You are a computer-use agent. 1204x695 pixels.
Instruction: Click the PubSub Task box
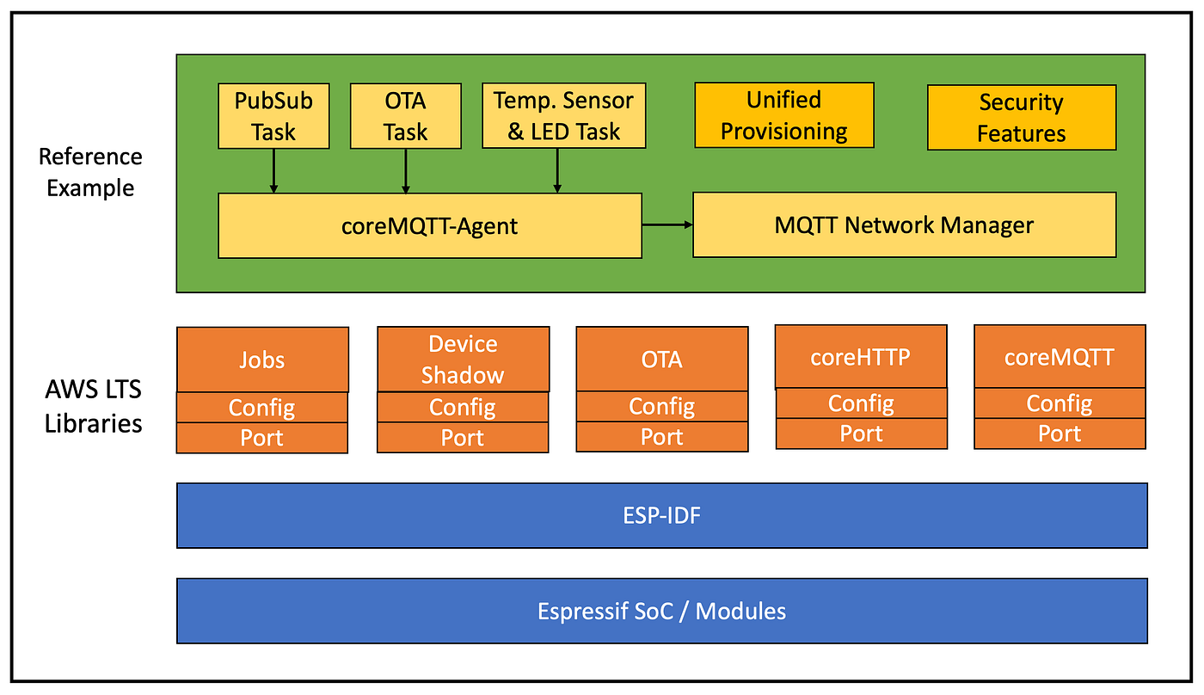[x=273, y=116]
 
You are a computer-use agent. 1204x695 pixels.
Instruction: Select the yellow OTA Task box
[x=406, y=116]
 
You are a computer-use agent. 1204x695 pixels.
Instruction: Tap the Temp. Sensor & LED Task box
[x=564, y=115]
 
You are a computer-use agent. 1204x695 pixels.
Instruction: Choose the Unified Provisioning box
[x=784, y=115]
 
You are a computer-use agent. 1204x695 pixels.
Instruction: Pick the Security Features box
[x=1022, y=117]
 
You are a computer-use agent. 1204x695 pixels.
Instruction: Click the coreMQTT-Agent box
[x=430, y=225]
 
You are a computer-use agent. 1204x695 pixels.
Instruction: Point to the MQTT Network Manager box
[x=905, y=224]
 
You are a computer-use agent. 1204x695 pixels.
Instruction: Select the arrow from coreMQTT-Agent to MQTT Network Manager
[x=667, y=224]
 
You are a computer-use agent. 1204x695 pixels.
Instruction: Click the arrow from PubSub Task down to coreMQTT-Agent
[x=273, y=171]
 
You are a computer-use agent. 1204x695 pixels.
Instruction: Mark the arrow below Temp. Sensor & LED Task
[x=557, y=170]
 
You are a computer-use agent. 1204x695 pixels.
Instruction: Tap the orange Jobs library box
[x=263, y=360]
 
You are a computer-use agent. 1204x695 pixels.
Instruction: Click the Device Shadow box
[x=464, y=359]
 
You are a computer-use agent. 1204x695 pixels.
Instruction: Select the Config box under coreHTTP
[x=862, y=403]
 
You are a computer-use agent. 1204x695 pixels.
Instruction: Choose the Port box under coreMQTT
[x=1060, y=434]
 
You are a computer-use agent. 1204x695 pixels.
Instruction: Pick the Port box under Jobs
[x=262, y=438]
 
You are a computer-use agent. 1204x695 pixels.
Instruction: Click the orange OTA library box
[x=662, y=359]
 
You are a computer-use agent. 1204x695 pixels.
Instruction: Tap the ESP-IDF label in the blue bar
[x=661, y=515]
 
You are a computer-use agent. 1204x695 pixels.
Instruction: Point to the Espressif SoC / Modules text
[x=661, y=612]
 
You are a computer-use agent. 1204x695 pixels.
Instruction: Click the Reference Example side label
[x=90, y=172]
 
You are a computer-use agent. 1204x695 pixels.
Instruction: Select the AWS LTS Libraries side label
[x=93, y=406]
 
